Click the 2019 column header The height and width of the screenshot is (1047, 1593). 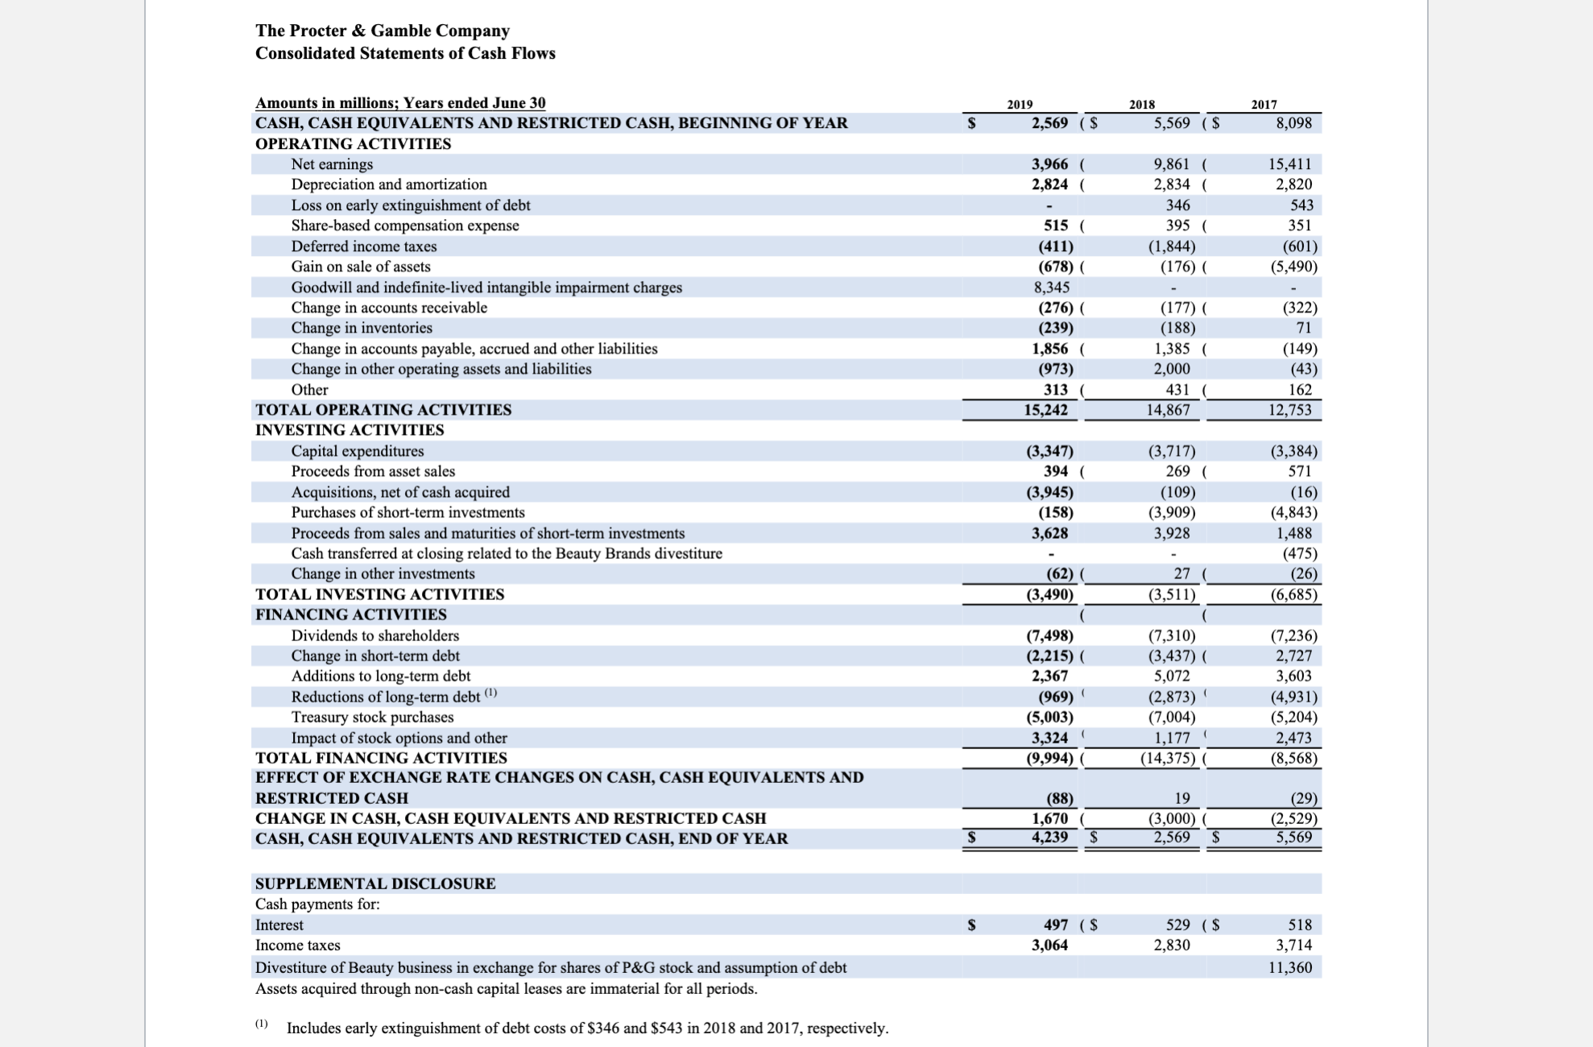(1020, 105)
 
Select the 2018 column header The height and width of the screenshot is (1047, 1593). (1141, 105)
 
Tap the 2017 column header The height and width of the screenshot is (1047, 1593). (1264, 105)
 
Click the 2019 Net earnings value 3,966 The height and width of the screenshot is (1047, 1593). (1050, 164)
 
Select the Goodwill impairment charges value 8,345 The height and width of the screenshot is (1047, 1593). (1052, 288)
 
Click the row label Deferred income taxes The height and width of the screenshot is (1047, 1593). (364, 246)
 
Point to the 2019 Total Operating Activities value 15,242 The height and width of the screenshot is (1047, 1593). (1045, 410)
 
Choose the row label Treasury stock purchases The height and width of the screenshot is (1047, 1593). (372, 717)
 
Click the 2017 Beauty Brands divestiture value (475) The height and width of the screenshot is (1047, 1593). (1300, 553)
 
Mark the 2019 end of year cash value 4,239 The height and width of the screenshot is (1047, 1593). (1050, 838)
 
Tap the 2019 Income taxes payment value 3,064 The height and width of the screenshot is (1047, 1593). (1050, 945)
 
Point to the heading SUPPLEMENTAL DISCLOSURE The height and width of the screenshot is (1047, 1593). (375, 884)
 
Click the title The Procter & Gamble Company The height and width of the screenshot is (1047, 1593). (383, 31)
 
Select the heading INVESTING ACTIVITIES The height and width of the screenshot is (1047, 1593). (350, 430)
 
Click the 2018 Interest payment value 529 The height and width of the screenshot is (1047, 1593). (1178, 925)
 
